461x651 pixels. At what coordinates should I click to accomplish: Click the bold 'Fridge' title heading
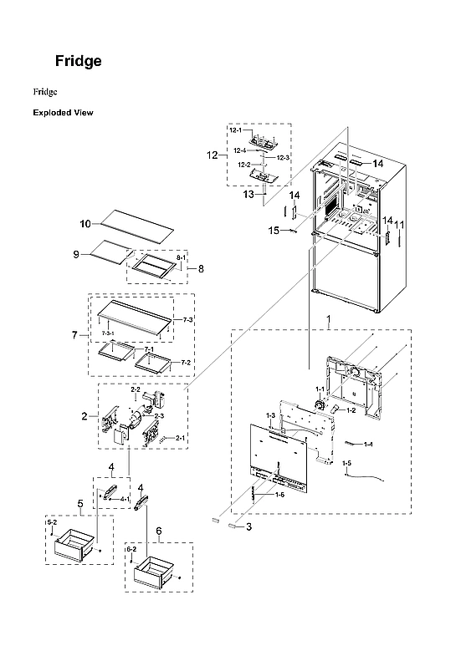coord(79,61)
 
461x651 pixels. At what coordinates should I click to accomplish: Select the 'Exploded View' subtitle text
coord(63,112)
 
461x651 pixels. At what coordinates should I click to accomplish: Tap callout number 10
coord(85,224)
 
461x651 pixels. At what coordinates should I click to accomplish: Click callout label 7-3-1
coord(108,333)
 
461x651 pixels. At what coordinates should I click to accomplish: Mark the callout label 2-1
coord(180,437)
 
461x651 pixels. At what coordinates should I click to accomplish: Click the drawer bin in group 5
coord(76,549)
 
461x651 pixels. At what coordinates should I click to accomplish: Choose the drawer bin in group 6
coord(156,574)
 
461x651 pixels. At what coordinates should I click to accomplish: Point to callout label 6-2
coord(131,549)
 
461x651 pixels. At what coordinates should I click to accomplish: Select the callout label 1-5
coord(346,462)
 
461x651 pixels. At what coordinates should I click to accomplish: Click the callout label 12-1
coord(236,130)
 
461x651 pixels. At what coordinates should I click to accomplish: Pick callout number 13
coord(248,194)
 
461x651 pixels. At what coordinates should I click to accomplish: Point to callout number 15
coord(272,229)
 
